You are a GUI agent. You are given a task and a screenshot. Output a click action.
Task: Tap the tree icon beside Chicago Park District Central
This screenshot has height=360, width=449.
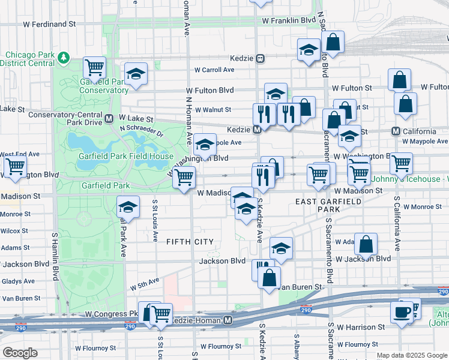(x=64, y=59)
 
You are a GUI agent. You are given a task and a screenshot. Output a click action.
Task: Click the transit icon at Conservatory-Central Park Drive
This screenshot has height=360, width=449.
(x=109, y=119)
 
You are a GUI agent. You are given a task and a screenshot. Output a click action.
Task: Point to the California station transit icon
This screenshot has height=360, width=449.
(x=396, y=131)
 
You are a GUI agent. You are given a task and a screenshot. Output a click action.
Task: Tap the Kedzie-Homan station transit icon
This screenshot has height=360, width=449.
(x=228, y=321)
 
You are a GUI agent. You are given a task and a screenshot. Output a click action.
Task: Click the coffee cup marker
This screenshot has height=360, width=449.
(x=402, y=312)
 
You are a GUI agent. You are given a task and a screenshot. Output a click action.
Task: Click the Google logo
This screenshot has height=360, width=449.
(x=20, y=353)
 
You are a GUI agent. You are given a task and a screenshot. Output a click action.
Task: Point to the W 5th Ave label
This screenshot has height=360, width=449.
(x=145, y=281)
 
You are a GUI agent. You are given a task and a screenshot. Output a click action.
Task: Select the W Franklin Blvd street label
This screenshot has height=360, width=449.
(x=289, y=20)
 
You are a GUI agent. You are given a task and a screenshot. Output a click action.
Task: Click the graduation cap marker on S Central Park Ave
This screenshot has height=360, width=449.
(x=127, y=208)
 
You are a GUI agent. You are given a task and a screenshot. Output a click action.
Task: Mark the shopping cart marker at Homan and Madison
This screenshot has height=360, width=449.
(x=184, y=177)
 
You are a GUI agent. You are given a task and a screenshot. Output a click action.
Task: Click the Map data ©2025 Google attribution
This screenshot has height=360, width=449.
(x=412, y=355)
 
